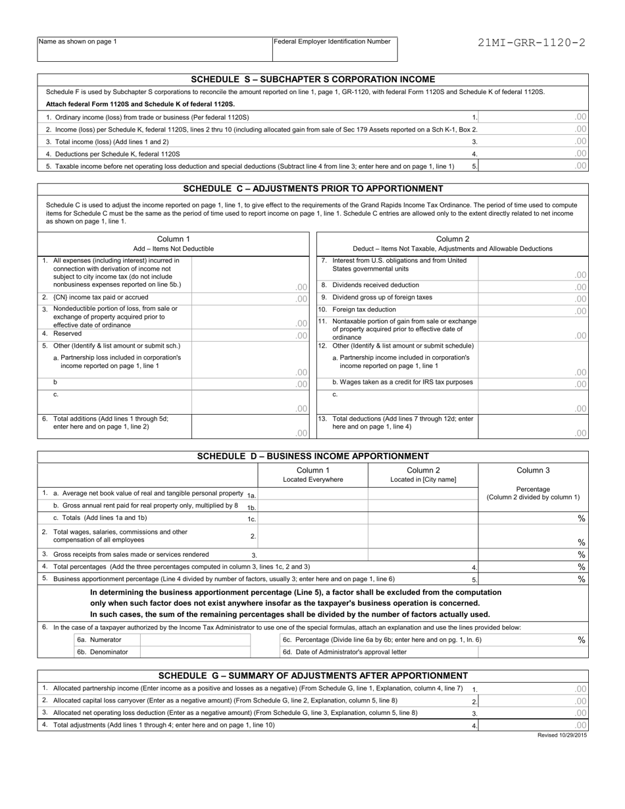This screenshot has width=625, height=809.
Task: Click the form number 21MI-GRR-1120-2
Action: (533, 43)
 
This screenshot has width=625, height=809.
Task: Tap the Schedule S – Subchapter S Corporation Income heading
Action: (312, 79)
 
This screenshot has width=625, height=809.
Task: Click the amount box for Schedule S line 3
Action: (533, 142)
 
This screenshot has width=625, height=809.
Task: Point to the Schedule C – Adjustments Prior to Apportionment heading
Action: (312, 189)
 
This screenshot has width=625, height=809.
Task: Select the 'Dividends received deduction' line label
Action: (376, 285)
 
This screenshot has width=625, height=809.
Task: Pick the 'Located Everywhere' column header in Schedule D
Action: (312, 479)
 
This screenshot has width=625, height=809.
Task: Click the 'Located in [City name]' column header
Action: (423, 479)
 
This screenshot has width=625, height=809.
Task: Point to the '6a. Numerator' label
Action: (99, 639)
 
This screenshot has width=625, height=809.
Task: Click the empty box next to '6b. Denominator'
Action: (195, 652)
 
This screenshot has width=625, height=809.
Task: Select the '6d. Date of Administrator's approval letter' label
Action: (345, 652)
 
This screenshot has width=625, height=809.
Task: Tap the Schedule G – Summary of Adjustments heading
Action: (312, 675)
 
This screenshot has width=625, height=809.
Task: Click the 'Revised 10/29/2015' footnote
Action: (562, 735)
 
